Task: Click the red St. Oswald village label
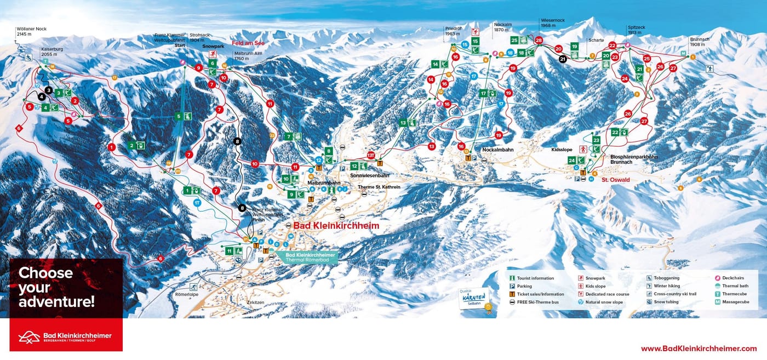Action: (x=616, y=180)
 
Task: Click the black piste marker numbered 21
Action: (x=563, y=59)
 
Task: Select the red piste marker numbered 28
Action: (x=539, y=41)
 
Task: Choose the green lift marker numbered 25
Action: (x=514, y=40)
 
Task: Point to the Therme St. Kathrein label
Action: (x=379, y=187)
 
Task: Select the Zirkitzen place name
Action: (x=257, y=302)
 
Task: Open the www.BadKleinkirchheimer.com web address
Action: (x=699, y=348)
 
